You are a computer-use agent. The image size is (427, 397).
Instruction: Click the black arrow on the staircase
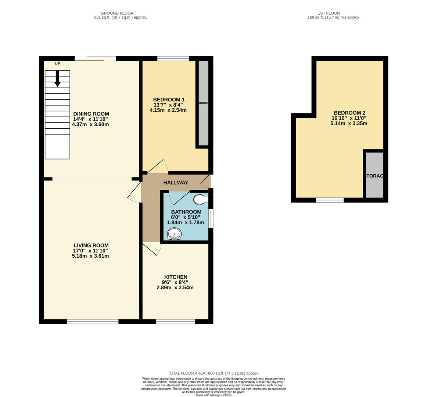click(57, 79)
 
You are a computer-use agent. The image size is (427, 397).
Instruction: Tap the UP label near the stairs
click(57, 64)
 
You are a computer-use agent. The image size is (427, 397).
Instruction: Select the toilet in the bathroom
click(201, 199)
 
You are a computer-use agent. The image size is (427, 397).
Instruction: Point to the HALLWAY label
click(176, 183)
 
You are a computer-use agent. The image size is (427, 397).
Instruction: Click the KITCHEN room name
click(176, 277)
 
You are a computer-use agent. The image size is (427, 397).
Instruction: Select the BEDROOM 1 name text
click(169, 100)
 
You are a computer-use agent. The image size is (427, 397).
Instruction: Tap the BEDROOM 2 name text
click(349, 113)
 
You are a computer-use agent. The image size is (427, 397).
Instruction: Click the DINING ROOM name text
click(91, 114)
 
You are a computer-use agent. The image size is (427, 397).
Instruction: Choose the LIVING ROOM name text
click(91, 246)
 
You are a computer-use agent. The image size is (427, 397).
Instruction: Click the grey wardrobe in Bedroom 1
click(204, 103)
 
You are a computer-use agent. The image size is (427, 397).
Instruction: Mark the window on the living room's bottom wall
click(93, 322)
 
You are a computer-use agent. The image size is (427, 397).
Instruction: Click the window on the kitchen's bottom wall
click(175, 322)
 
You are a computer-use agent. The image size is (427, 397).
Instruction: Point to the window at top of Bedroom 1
click(173, 58)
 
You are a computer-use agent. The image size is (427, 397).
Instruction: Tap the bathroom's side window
click(211, 219)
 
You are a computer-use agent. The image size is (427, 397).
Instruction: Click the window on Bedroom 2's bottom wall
click(330, 200)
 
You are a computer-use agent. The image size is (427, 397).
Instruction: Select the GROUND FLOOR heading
click(117, 13)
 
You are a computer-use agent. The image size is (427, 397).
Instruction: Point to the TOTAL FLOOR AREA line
click(213, 373)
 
